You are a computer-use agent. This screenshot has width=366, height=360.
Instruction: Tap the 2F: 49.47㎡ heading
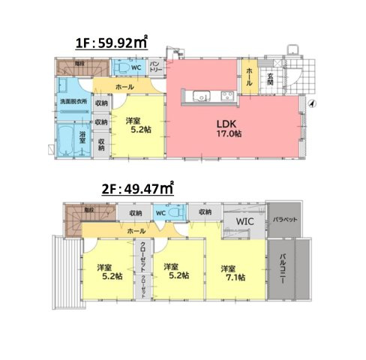[x=137, y=190]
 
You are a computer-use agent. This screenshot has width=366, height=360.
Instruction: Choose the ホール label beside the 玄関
[x=249, y=76]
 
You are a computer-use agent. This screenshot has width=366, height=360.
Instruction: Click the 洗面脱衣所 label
[x=73, y=101]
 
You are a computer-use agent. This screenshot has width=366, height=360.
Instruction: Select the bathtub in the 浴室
[x=66, y=139]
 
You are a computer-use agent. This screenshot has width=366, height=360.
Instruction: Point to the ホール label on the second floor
[x=136, y=232]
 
